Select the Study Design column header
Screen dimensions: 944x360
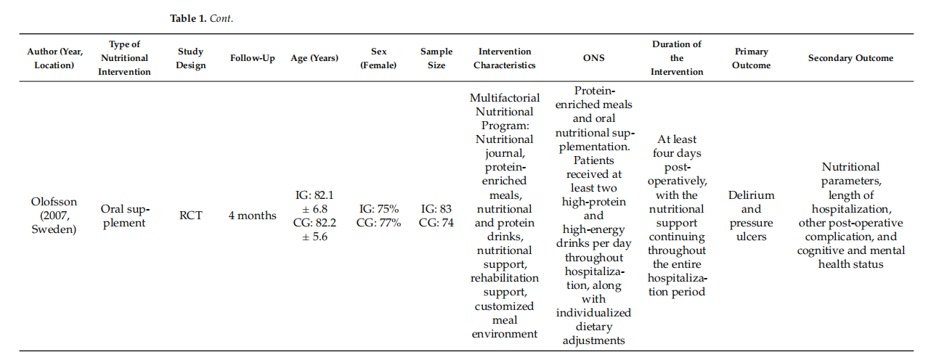coord(190,58)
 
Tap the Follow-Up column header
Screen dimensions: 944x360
coord(253,58)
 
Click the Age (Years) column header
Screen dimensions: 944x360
coord(314,58)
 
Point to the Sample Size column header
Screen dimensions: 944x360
coord(436,58)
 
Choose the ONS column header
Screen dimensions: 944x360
coord(594,57)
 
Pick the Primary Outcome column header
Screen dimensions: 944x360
coord(752,58)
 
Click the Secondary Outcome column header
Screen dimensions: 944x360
coord(850,58)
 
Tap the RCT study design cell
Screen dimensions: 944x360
coord(190,216)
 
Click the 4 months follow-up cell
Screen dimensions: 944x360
coord(253,216)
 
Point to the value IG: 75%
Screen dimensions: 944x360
coord(378,209)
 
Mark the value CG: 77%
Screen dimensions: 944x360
coord(378,223)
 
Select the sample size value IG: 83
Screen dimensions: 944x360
coord(436,209)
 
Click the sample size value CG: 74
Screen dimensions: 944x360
coord(436,223)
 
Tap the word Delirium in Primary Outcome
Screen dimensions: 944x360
coord(752,195)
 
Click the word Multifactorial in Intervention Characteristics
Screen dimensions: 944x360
coord(505,98)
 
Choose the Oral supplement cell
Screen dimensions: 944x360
coord(125,216)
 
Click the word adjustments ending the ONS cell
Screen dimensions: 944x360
coord(594,340)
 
